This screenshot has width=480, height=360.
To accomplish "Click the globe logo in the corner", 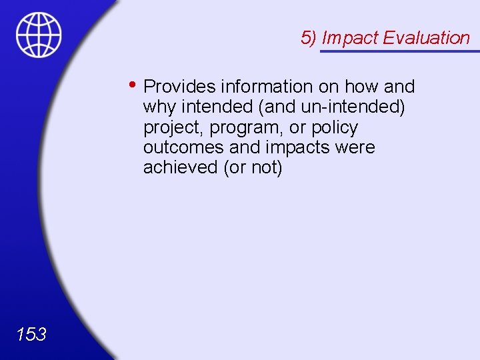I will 39,35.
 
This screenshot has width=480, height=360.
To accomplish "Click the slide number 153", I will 31,333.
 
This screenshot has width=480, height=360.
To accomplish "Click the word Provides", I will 179,87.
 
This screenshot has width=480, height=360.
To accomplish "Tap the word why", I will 160,107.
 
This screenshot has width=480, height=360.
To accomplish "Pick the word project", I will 173,128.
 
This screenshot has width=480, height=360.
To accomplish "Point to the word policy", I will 333,128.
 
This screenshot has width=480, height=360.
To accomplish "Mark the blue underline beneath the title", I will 400,51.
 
